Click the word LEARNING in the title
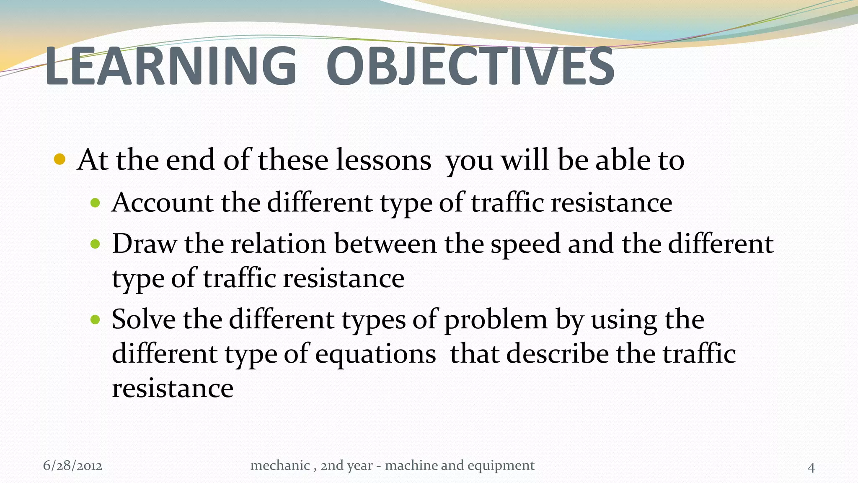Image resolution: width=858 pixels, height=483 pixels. (171, 66)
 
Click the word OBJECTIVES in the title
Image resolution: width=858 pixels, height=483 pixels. (470, 66)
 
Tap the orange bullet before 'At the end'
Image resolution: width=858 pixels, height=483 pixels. (60, 159)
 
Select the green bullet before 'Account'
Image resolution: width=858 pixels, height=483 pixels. (96, 203)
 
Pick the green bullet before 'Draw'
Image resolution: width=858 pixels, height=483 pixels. (96, 244)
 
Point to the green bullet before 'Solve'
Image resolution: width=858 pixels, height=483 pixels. (96, 320)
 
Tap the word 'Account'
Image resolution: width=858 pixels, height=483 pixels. (163, 203)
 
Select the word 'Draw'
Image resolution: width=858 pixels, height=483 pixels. (144, 244)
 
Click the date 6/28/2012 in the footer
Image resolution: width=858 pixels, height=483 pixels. (72, 466)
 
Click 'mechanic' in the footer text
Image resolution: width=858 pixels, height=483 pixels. (280, 465)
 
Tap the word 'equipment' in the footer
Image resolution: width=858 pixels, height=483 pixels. (501, 466)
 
